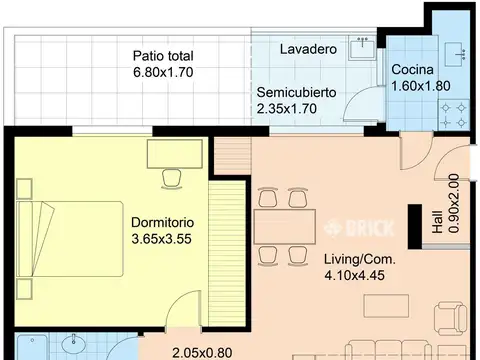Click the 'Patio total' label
pyautogui.click(x=163, y=57)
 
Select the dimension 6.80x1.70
pyautogui.click(x=163, y=73)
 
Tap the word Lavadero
pyautogui.click(x=308, y=48)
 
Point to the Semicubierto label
pyautogui.click(x=297, y=92)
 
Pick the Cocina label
pyautogui.click(x=412, y=70)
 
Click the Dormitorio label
pyautogui.click(x=162, y=222)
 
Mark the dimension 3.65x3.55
pyautogui.click(x=162, y=239)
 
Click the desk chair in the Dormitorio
pyautogui.click(x=171, y=178)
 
